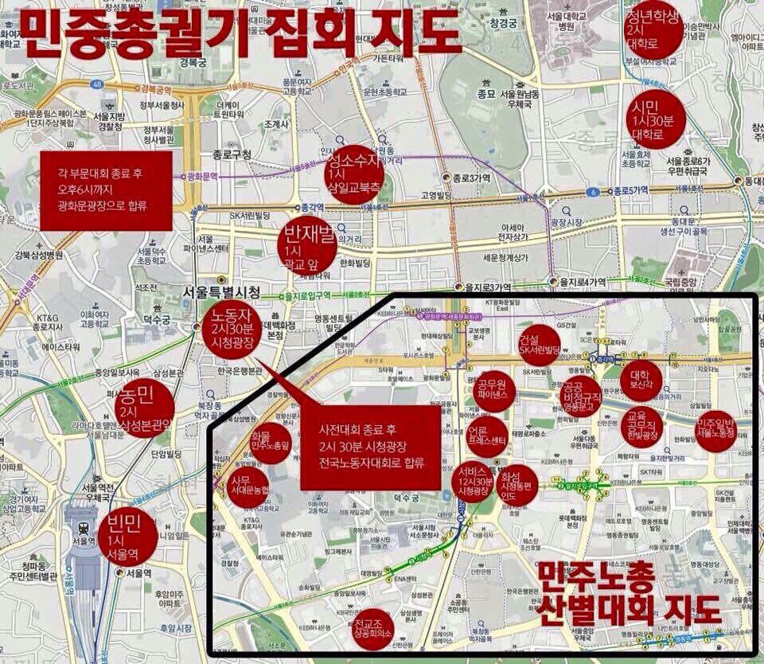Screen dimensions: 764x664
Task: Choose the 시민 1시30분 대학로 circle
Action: pyautogui.click(x=655, y=122)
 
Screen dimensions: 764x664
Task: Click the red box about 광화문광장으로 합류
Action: pyautogui.click(x=106, y=191)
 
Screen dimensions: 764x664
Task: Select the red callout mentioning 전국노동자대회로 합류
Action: pyautogui.click(x=370, y=446)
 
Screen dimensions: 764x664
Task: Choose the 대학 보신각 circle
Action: pyautogui.click(x=641, y=381)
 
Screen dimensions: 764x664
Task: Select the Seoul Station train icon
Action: pyautogui.click(x=81, y=528)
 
